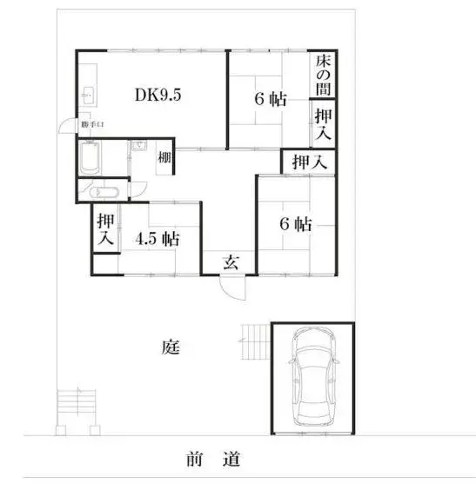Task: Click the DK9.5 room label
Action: (158, 95)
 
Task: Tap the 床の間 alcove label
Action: (323, 75)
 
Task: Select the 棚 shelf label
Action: (164, 157)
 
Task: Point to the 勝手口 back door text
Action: (92, 124)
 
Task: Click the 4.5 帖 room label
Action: (158, 239)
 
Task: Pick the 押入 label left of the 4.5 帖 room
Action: (106, 228)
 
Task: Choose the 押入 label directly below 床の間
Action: (323, 124)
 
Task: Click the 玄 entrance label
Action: (231, 262)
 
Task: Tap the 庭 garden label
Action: (171, 347)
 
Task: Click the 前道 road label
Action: (213, 459)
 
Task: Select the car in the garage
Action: (313, 377)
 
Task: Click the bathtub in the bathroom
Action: (90, 157)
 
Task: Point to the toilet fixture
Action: (103, 193)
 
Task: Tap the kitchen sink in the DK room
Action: (88, 96)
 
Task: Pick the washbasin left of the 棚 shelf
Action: (139, 145)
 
